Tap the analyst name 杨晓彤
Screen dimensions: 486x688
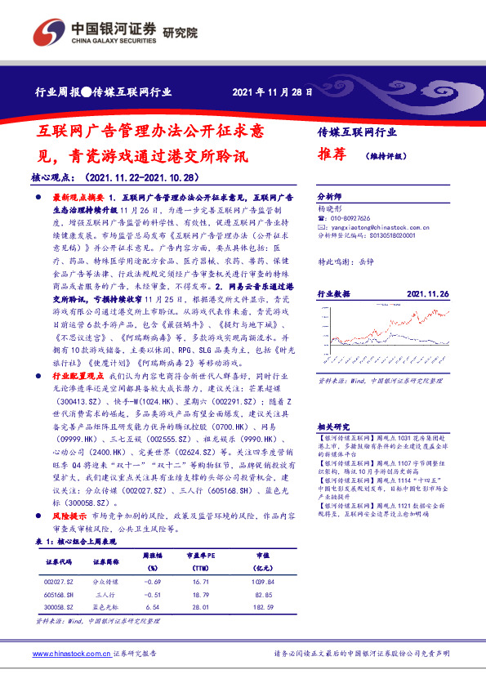pos(328,209)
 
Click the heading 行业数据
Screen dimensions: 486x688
pos(333,293)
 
